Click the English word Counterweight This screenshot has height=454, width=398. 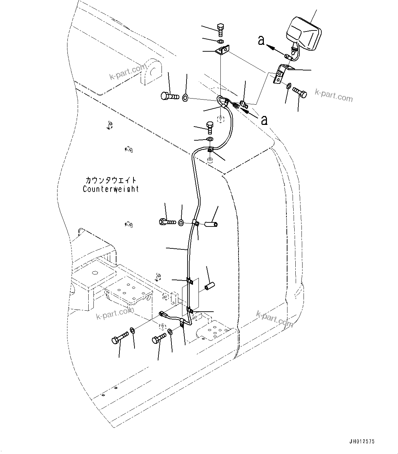click(111, 189)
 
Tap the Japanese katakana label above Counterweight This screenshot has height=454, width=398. click(111, 180)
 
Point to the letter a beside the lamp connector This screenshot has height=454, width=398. click(261, 41)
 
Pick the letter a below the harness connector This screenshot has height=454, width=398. click(264, 120)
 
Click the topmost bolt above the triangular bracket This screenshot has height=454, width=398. click(221, 30)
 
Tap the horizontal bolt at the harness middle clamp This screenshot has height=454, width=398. click(167, 222)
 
